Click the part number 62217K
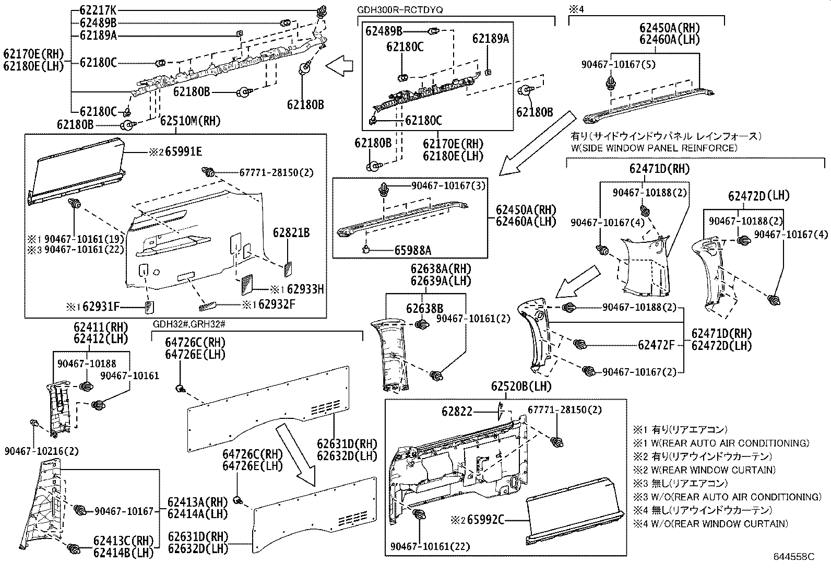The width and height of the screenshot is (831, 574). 98,9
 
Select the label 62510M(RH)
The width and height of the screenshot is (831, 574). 191,122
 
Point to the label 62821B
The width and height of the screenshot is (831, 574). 291,232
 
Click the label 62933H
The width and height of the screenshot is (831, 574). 305,289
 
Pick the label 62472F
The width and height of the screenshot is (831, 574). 656,345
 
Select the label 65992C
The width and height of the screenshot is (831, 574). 485,520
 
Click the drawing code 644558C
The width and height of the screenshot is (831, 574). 793,557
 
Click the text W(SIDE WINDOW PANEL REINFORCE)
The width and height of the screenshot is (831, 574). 655,148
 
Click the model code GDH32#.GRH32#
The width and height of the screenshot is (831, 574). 188,324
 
